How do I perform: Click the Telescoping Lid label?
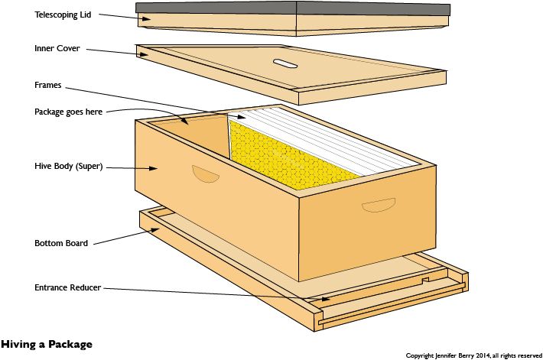coord(63,15)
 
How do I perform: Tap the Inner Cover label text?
coord(57,48)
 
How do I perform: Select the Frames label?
coord(47,85)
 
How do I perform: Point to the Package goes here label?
coord(68,112)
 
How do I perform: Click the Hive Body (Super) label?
coord(69,166)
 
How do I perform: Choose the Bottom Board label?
coord(61,243)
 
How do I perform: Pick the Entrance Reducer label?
coord(67,287)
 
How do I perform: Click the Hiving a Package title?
coord(47,345)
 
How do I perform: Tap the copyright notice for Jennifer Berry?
coord(473,355)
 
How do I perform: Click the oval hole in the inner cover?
coord(285,63)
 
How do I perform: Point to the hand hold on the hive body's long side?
coord(206,174)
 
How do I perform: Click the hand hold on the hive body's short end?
coord(379,205)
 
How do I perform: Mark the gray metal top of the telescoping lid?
coord(293,8)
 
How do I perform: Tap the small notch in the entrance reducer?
coord(425,280)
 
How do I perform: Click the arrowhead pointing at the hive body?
coord(153,168)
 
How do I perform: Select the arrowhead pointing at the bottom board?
coord(154,230)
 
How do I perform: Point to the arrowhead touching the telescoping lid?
coord(147,18)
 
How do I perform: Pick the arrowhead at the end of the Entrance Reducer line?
coord(326,299)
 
